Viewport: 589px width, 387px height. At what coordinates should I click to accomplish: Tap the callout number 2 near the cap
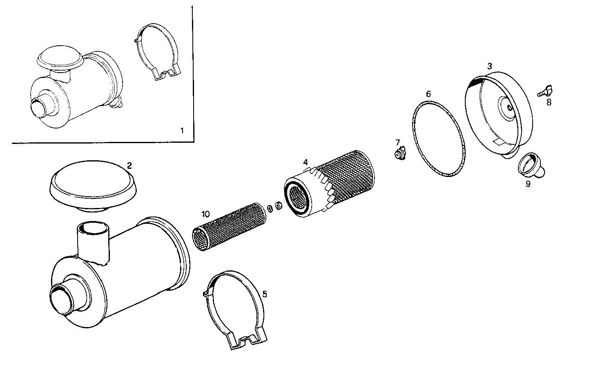129,165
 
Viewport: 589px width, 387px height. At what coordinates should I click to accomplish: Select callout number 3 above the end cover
489,66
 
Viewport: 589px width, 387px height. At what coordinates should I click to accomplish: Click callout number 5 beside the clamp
265,294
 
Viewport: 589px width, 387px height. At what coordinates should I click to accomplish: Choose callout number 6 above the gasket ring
428,94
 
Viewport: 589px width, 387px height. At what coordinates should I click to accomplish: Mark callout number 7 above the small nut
397,142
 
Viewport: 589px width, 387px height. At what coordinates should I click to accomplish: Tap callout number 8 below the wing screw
549,102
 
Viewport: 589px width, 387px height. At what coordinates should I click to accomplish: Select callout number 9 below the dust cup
528,184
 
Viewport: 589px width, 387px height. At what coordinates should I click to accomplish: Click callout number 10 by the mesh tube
205,214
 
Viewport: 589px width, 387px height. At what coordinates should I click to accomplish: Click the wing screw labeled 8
544,90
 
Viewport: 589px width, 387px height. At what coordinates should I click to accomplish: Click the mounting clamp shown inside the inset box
157,51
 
